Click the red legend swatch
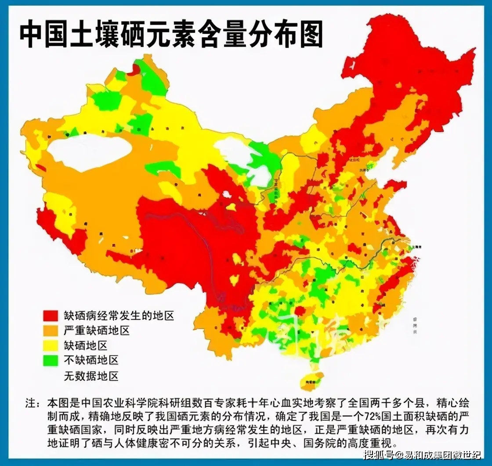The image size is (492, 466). pyautogui.click(x=51, y=315)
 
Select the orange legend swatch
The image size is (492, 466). pyautogui.click(x=51, y=330)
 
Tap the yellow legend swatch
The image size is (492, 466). pyautogui.click(x=51, y=345)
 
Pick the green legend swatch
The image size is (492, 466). pyautogui.click(x=51, y=360)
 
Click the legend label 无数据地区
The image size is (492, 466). pyautogui.click(x=91, y=376)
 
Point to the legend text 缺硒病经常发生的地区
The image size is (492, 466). pyautogui.click(x=119, y=315)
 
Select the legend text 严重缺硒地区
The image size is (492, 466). pyautogui.click(x=97, y=330)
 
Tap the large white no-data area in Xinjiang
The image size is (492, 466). pyautogui.click(x=90, y=152)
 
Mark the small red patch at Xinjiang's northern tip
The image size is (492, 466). pyautogui.click(x=135, y=70)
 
